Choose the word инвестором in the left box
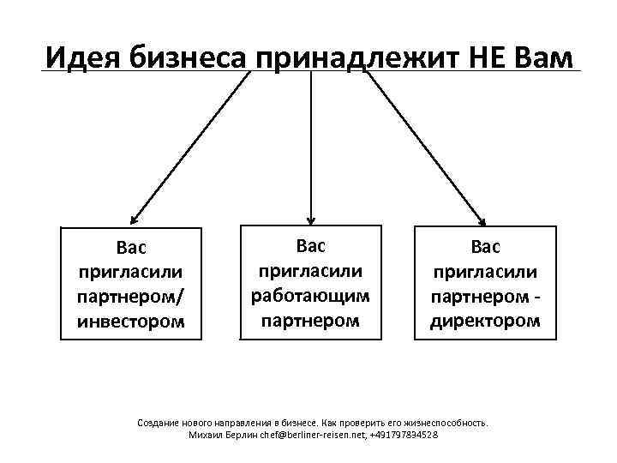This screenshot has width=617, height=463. [x=130, y=322]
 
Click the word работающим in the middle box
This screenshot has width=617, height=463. [x=310, y=296]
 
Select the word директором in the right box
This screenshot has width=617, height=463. [x=485, y=322]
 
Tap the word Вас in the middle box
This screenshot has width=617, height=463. [x=310, y=246]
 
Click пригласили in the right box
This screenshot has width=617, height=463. [x=485, y=272]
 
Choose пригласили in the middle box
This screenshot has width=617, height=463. [x=310, y=271]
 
